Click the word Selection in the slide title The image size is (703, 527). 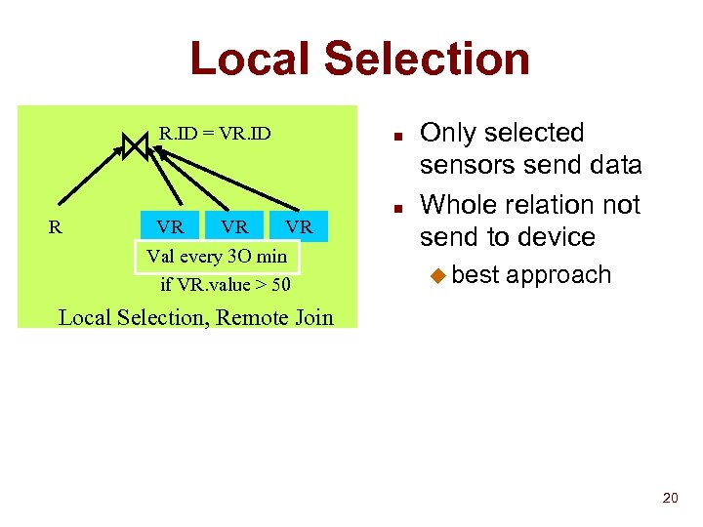427,59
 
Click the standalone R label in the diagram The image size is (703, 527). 56,227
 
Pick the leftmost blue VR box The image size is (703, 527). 170,227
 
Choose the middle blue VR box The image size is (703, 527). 233,227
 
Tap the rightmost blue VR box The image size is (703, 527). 299,227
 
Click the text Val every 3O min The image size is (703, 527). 216,257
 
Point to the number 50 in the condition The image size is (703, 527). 280,286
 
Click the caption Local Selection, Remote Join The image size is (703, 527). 195,317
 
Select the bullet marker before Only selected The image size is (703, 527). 399,135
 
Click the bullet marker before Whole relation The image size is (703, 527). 399,207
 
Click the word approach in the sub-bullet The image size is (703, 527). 558,276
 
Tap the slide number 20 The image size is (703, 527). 670,499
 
